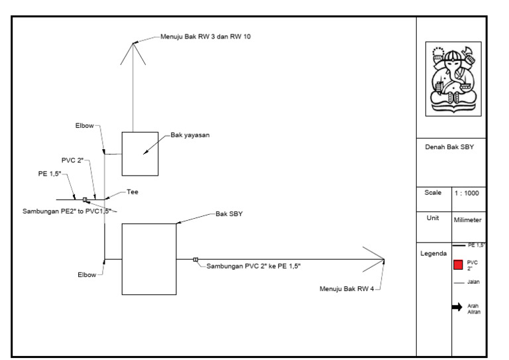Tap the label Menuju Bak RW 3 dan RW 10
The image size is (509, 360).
tap(205, 36)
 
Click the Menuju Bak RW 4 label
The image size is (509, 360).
tap(347, 288)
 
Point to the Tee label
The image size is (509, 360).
tap(133, 192)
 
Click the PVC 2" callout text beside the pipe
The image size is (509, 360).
tap(72, 160)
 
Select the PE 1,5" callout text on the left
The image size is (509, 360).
tap(50, 174)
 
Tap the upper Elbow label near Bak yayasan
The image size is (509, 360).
tap(84, 125)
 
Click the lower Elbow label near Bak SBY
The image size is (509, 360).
tap(87, 275)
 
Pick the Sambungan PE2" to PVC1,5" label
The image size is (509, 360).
tap(67, 211)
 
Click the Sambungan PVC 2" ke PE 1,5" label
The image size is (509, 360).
tap(254, 266)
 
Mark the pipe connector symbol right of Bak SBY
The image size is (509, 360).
tap(196, 260)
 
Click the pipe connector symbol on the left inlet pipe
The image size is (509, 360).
tap(85, 200)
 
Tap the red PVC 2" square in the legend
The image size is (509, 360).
tap(458, 265)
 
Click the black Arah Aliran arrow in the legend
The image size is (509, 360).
tap(457, 307)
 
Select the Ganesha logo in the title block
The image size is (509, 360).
tap(453, 79)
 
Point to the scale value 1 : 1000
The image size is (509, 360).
tap(467, 193)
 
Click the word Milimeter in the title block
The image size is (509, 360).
tap(467, 220)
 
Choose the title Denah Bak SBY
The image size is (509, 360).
tap(449, 147)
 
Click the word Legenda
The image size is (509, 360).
tap(433, 253)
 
